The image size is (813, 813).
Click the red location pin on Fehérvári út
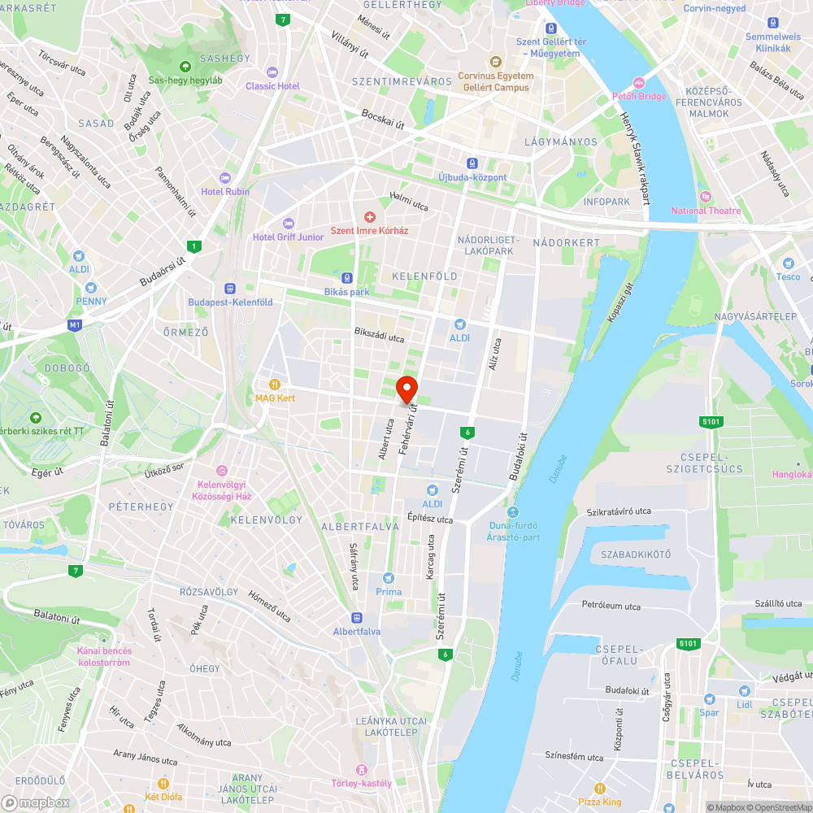[x=406, y=389]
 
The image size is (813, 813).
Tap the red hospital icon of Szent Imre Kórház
[x=370, y=216]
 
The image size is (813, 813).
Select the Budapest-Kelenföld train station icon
[x=230, y=288]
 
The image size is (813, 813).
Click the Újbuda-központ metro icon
[x=472, y=163]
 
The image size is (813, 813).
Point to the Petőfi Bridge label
[x=639, y=96]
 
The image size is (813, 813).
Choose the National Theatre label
[x=706, y=211]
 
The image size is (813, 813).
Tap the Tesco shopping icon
[x=787, y=263]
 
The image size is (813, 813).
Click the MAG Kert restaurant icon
[x=276, y=384]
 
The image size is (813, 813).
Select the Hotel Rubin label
[x=225, y=191]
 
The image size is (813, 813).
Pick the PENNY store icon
[x=90, y=287]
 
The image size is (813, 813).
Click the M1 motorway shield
[x=75, y=325]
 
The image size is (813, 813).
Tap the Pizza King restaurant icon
[x=600, y=788]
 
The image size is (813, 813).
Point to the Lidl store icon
[x=743, y=689]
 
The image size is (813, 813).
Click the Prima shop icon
[x=389, y=578]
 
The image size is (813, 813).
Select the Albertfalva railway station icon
[x=356, y=617]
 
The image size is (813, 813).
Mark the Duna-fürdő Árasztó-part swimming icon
[x=512, y=511]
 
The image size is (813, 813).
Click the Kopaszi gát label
[x=619, y=302]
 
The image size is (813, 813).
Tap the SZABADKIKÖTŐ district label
[x=636, y=554]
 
